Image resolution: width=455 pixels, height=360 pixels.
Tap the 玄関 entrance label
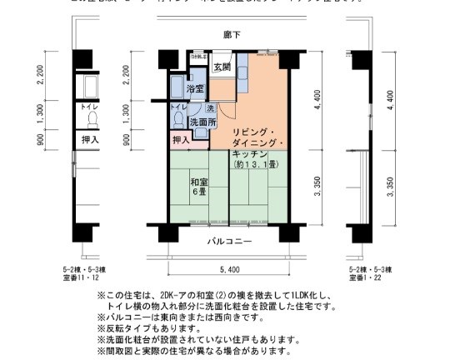pos(222,67)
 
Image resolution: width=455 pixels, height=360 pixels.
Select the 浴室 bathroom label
pos(196,88)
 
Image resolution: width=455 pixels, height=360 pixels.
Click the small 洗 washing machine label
pos(210,108)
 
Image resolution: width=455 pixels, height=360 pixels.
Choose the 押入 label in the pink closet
pos(181,139)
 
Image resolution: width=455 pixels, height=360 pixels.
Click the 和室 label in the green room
pos(197,182)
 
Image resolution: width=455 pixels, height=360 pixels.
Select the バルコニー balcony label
pos(229,242)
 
